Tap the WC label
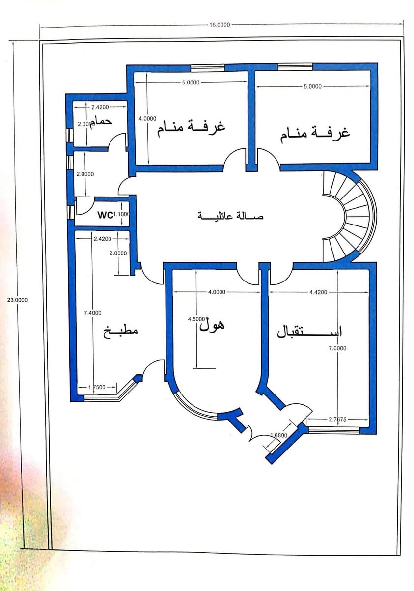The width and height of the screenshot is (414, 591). pyautogui.click(x=105, y=215)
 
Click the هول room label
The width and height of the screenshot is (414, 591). pyautogui.click(x=212, y=325)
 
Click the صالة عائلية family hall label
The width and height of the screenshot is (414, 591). pyautogui.click(x=230, y=216)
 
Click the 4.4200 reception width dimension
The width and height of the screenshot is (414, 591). pyautogui.click(x=318, y=292)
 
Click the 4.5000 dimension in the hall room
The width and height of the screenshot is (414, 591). pyautogui.click(x=196, y=319)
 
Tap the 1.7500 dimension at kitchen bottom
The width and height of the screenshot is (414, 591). pyautogui.click(x=97, y=387)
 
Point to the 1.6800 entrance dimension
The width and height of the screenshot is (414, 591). pyautogui.click(x=279, y=435)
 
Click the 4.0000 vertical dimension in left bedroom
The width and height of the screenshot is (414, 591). pyautogui.click(x=147, y=118)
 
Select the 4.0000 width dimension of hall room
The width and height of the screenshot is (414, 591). pyautogui.click(x=217, y=292)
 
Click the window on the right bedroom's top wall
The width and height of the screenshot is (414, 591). pyautogui.click(x=295, y=66)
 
